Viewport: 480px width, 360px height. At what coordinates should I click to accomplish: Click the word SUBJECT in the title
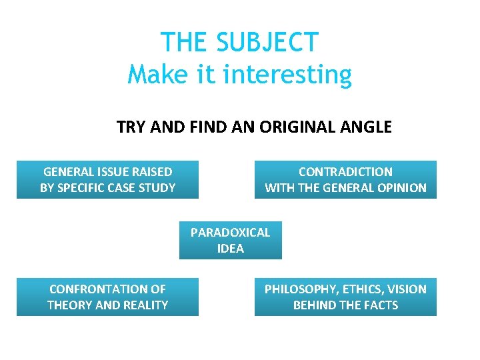pos(268,43)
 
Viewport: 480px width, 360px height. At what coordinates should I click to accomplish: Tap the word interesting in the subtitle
pos(287,74)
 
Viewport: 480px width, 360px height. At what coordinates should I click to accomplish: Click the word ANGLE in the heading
pos(367,127)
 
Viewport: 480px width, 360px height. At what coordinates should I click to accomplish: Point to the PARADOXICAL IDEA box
pos(230,240)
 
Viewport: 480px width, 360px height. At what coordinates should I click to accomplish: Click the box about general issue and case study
pos(107,179)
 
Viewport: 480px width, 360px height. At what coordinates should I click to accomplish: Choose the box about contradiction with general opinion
pos(345,179)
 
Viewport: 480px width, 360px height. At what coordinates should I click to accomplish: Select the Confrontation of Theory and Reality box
pos(107,297)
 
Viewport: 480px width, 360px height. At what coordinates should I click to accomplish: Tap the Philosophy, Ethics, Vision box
pos(345,297)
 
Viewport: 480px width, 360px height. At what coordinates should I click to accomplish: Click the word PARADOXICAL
pos(230,233)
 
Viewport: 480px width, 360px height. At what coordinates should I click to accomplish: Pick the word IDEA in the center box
pos(230,249)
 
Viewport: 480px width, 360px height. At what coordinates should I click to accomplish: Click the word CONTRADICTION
pos(345,172)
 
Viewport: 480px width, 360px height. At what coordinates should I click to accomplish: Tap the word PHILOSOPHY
pos(297,289)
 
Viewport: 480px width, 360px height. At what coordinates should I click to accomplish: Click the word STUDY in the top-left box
pos(158,188)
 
